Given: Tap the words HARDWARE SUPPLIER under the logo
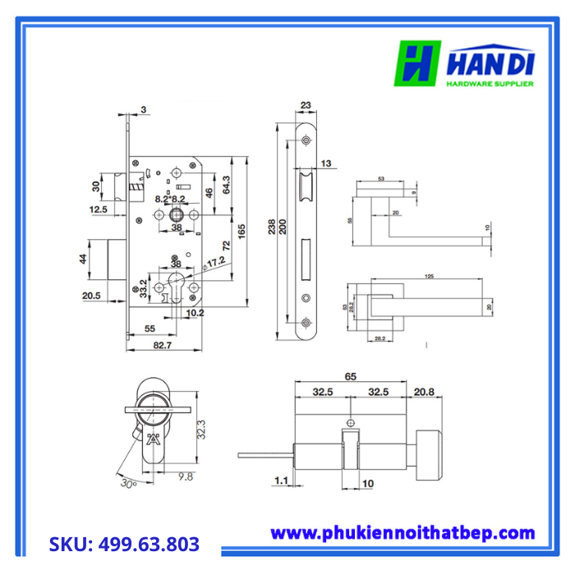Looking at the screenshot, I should pos(490,84).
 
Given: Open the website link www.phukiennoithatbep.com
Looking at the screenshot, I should pos(402,533).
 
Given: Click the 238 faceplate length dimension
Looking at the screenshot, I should pos(273,227).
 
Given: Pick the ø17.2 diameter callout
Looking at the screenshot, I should pos(215,264).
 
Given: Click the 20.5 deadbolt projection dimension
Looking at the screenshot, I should pos(91,296).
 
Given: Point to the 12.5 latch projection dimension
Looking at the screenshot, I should pos(99,210).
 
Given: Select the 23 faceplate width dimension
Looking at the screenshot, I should pos(306,104).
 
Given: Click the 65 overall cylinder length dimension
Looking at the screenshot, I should pos(351,376).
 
